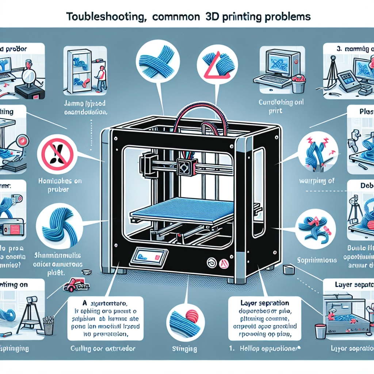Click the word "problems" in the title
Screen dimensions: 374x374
pos(289,17)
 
